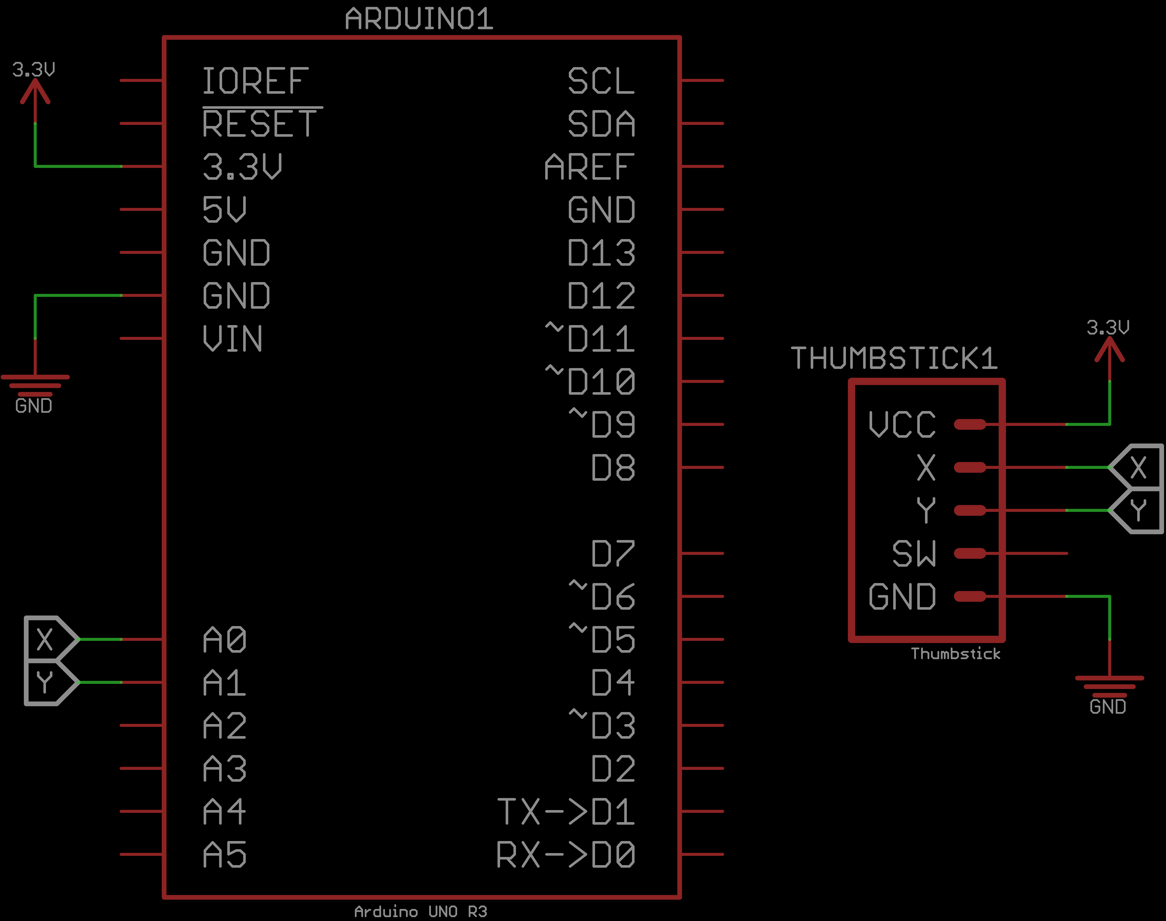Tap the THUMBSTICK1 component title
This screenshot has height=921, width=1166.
pos(893,358)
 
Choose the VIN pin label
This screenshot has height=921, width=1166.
pos(232,339)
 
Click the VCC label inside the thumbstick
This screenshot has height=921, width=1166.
pos(902,424)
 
